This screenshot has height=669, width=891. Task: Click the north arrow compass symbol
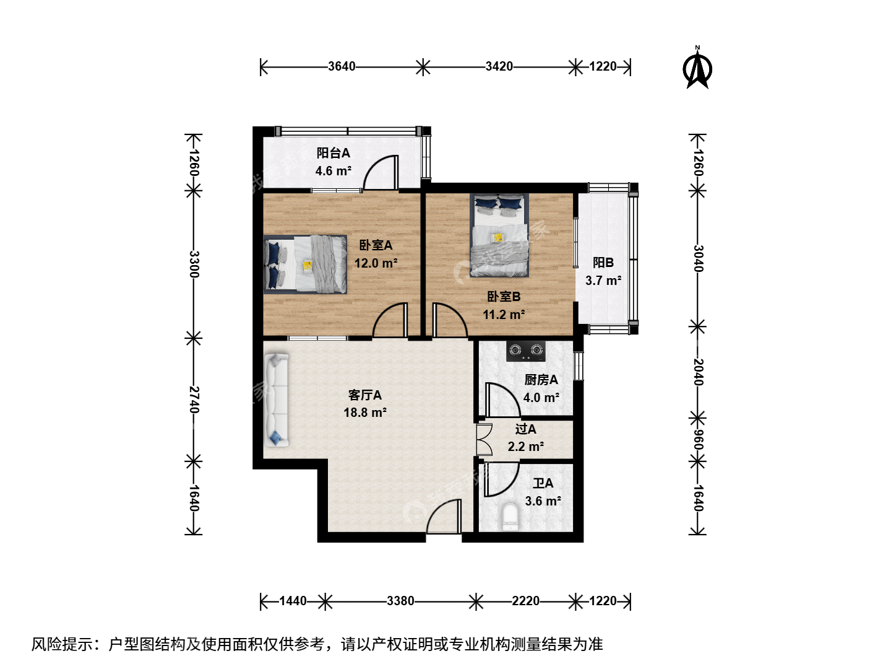coord(697,68)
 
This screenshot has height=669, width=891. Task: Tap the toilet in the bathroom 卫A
coord(510,517)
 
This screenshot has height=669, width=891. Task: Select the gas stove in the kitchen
coord(526,351)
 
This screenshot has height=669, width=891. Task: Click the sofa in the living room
coord(277,400)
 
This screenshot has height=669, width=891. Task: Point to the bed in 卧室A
coord(305,264)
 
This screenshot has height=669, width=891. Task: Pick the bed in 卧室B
coord(499,235)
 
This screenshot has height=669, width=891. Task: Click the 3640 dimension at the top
coord(342,66)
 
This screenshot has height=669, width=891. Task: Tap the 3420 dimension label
coord(499,66)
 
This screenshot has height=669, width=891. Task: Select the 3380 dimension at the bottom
coord(400,601)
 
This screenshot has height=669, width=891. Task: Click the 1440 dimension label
coord(293,601)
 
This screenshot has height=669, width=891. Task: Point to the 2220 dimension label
coord(525,601)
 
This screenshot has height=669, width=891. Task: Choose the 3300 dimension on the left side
coord(194,264)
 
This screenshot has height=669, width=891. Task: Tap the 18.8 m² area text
coord(365,413)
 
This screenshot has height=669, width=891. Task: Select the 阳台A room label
coord(334,153)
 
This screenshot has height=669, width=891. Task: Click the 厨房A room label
coord(541,380)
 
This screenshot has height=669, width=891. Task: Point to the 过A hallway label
coord(526,429)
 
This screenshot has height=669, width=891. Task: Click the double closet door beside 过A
coord(484,440)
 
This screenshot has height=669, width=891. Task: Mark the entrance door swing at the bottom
coord(444,516)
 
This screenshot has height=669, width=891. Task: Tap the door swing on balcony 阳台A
coord(381,172)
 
